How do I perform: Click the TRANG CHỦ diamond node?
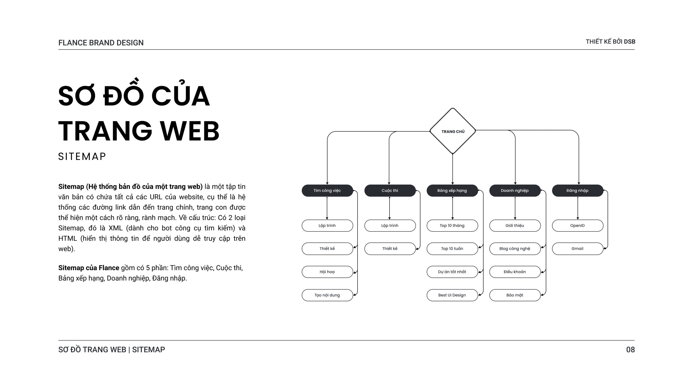coord(453,131)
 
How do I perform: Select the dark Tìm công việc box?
coord(327,191)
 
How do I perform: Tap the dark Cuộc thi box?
coord(390,191)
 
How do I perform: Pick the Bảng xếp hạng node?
coord(452,191)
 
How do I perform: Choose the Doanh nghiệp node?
coord(515,191)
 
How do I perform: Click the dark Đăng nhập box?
coord(578,191)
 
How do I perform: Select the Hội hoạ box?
coord(327,272)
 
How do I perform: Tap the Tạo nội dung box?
coord(327,295)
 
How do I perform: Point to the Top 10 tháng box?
coord(452,225)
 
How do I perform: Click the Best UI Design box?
coord(452,295)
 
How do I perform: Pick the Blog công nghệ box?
coord(515,249)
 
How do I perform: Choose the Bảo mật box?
coord(515,295)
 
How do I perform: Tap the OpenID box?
coord(578,225)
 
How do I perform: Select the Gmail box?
coord(578,249)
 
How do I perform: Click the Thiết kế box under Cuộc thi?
coord(390,249)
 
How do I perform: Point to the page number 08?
coord(630,350)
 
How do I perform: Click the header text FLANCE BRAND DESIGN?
coord(101,43)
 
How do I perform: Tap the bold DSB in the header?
coord(629,42)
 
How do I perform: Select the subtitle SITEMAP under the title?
coord(82,156)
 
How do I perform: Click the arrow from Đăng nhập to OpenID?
coord(578,208)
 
